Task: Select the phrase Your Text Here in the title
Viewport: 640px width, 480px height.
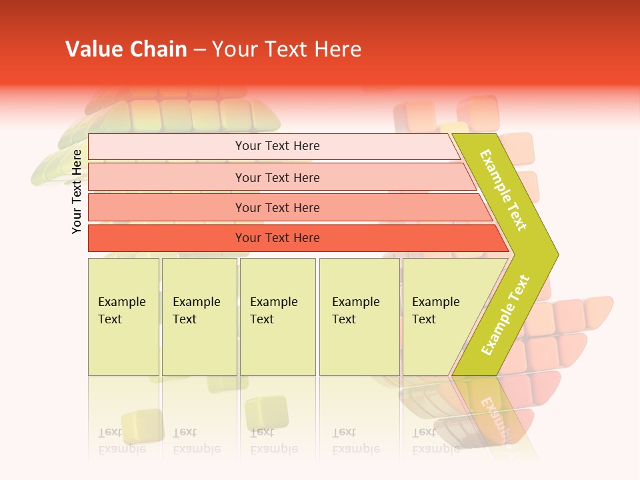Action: pos(287,49)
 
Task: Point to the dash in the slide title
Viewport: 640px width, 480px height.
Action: pos(199,50)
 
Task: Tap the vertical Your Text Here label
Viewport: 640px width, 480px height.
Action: pos(77,191)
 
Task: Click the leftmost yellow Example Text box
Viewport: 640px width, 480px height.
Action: pos(123,317)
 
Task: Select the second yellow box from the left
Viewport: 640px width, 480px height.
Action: pos(199,317)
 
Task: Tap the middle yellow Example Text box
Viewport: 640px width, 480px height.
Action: pos(277,317)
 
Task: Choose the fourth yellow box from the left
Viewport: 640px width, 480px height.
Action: pos(359,317)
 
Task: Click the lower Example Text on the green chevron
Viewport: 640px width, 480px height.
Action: pos(505,315)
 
